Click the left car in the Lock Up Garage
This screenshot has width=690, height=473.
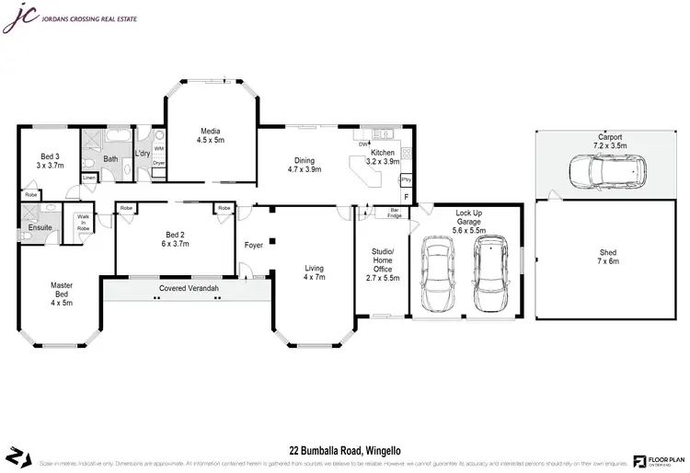(438, 273)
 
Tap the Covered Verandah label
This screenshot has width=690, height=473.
(188, 288)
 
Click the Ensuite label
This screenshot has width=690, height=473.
(40, 226)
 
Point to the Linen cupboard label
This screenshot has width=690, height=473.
(88, 178)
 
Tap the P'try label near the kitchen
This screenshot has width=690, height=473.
(406, 179)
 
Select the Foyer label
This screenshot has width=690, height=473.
(253, 246)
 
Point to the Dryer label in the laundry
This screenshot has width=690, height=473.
(158, 163)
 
